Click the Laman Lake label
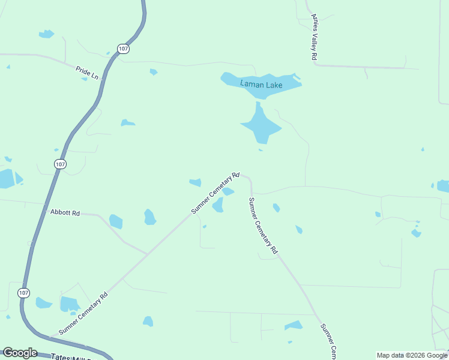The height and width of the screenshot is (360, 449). click(261, 84)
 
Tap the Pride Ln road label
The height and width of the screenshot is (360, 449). click(87, 73)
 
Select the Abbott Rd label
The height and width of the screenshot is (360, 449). click(65, 212)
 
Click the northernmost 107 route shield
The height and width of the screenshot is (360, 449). click(123, 49)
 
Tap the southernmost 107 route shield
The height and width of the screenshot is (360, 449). click(23, 293)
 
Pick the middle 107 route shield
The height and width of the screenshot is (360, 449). click(59, 164)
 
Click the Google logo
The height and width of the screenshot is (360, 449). click(20, 353)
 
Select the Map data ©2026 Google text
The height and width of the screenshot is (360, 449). click(412, 355)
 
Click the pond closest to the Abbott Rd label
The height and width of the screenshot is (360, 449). click(116, 222)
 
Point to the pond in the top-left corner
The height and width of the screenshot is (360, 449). click(46, 34)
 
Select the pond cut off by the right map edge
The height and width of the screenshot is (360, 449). click(444, 186)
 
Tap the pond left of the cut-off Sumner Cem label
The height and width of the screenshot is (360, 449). click(294, 326)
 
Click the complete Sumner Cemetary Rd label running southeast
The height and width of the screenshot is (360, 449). click(263, 225)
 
